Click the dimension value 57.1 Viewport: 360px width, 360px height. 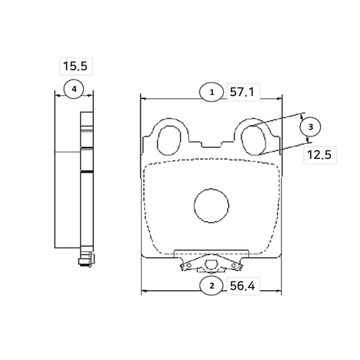pyautogui.click(x=241, y=92)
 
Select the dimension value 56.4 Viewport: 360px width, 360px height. pyautogui.click(x=242, y=286)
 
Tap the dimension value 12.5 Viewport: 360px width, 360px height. pyautogui.click(x=319, y=154)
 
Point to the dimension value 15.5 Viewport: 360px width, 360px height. pyautogui.click(x=75, y=66)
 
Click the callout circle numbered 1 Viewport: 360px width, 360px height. pyautogui.click(x=211, y=92)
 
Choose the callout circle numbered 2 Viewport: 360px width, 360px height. pyautogui.click(x=211, y=286)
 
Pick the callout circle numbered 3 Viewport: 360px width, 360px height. pyautogui.click(x=310, y=127)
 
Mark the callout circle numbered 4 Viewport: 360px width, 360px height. pyautogui.click(x=73, y=89)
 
